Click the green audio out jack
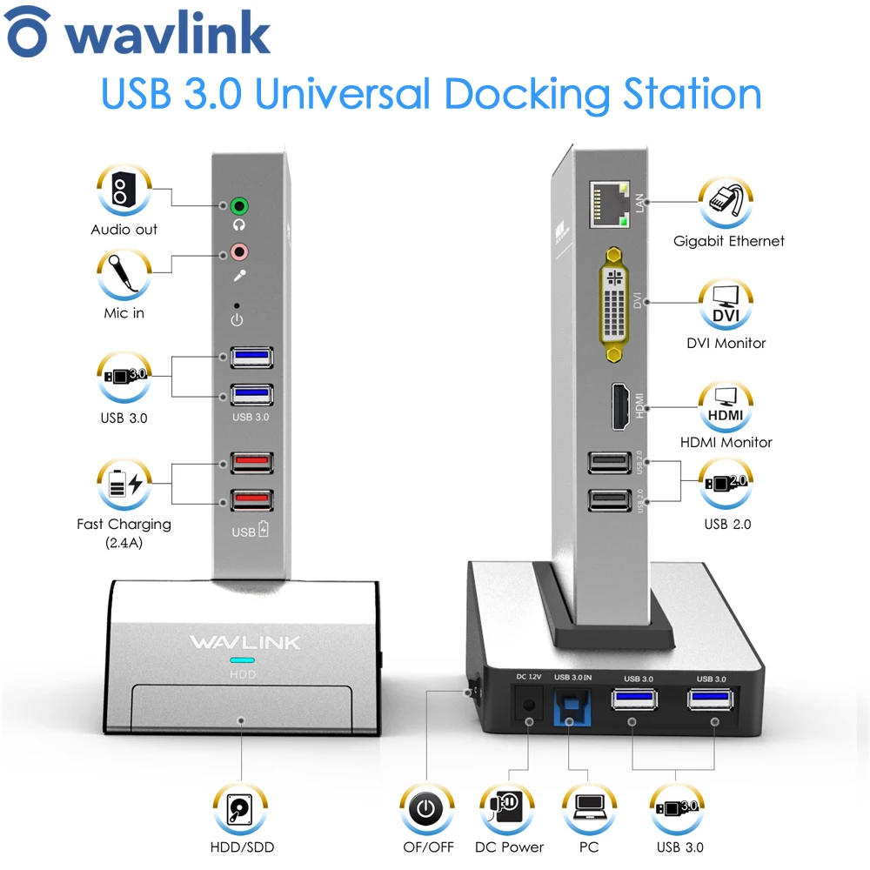pyautogui.click(x=239, y=206)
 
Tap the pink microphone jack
pyautogui.click(x=239, y=253)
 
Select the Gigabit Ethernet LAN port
pyautogui.click(x=610, y=205)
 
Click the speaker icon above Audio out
pyautogui.click(x=124, y=191)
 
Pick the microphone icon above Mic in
pyautogui.click(x=124, y=275)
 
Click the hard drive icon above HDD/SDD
pyautogui.click(x=238, y=810)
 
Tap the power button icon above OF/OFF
pyautogui.click(x=425, y=810)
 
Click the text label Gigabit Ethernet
pyautogui.click(x=728, y=242)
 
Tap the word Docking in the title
pyautogui.click(x=522, y=94)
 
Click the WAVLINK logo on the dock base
pyautogui.click(x=244, y=643)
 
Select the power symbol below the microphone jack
pyautogui.click(x=237, y=320)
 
